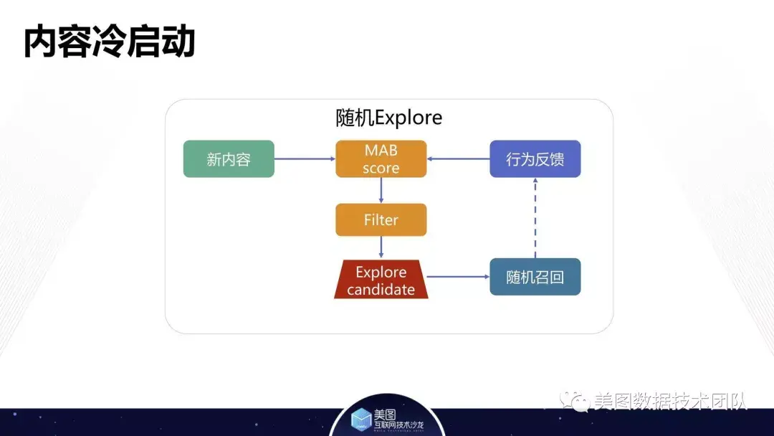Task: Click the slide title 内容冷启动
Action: coord(109,42)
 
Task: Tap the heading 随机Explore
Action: coord(388,117)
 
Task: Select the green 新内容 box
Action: coord(229,159)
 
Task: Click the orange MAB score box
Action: coord(381,159)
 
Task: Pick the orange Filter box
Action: coord(381,220)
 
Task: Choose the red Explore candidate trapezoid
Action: coord(381,280)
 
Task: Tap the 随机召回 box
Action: coord(535,277)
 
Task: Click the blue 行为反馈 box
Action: coord(535,159)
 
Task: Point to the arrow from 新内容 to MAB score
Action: coord(305,159)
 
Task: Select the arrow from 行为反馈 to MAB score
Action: coord(459,159)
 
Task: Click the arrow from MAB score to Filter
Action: coord(381,191)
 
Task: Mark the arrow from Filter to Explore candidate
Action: coord(381,247)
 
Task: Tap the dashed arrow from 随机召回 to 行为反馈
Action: coord(535,218)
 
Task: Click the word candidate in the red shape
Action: coord(381,290)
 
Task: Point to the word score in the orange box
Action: coord(381,169)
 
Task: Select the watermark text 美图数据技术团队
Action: coord(670,401)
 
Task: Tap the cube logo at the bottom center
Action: coord(361,419)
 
